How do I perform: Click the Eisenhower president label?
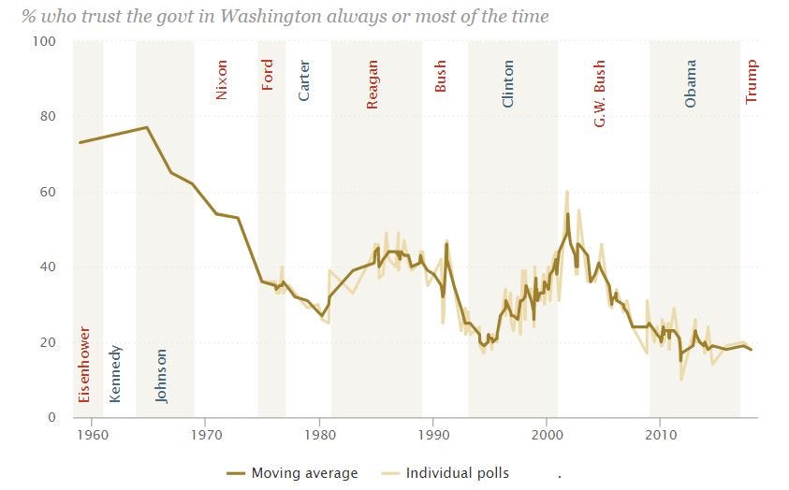pyautogui.click(x=83, y=364)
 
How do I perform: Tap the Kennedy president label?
pyautogui.click(x=115, y=373)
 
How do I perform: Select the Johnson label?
pyautogui.click(x=161, y=375)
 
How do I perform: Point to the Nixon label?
pyautogui.click(x=222, y=80)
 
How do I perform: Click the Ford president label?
pyautogui.click(x=268, y=74)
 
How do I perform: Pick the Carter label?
pyautogui.click(x=304, y=80)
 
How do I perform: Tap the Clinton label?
pyautogui.click(x=508, y=84)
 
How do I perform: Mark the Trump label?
pyautogui.click(x=752, y=81)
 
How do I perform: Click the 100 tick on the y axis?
pyautogui.click(x=45, y=42)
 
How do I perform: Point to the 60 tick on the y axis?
pyautogui.click(x=48, y=192)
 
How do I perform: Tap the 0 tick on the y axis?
pyautogui.click(x=52, y=417)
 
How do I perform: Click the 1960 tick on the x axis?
pyautogui.click(x=92, y=435)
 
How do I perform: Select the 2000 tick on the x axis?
pyautogui.click(x=547, y=435)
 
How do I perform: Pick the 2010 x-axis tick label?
pyautogui.click(x=661, y=435)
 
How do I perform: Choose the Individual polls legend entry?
pyautogui.click(x=457, y=472)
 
